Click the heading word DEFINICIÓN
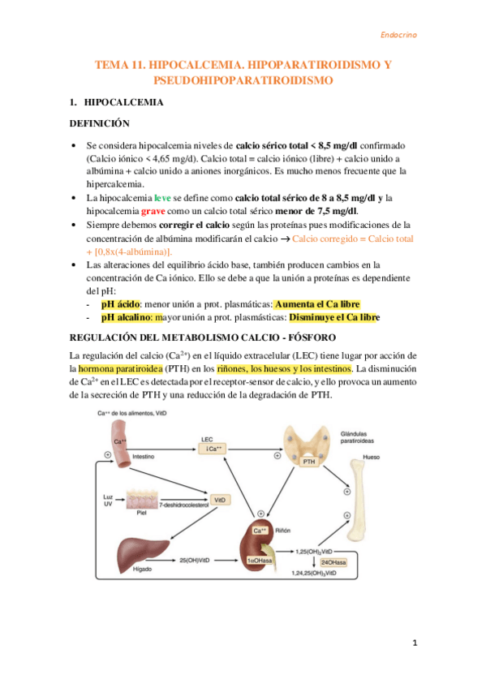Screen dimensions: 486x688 (x=100, y=123)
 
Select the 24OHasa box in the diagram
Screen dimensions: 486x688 (x=335, y=561)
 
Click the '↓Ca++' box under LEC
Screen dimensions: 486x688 (x=216, y=448)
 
